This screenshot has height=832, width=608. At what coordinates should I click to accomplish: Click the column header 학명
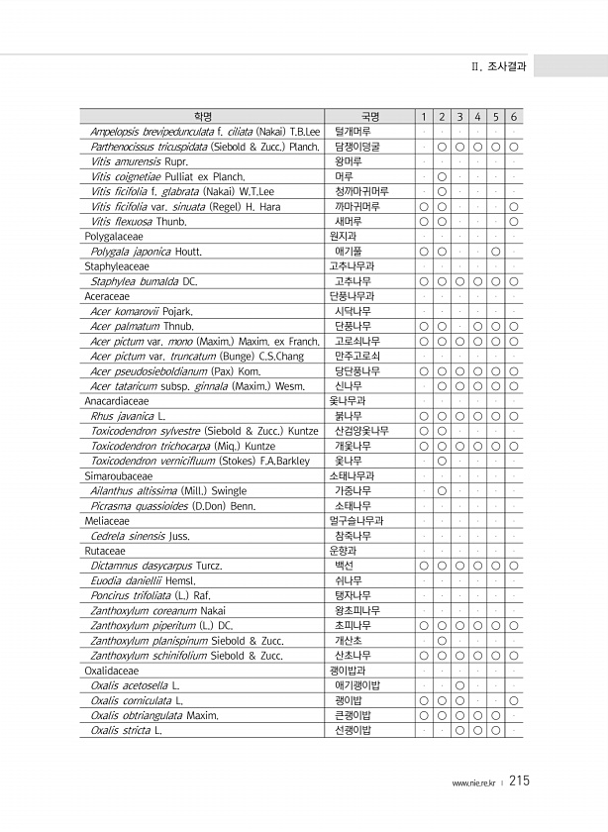tap(203, 117)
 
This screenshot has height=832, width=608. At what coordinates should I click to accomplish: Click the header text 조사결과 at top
tap(506, 67)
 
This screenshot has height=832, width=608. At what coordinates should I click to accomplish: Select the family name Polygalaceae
tap(114, 237)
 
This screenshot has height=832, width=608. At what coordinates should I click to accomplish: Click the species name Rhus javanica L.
tap(128, 416)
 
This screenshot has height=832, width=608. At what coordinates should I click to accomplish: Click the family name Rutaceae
tap(105, 551)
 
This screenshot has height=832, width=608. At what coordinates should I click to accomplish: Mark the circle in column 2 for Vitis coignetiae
tap(441, 176)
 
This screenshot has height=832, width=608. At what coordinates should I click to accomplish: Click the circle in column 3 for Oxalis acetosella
tap(459, 684)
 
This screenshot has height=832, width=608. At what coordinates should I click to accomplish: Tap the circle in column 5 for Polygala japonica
tap(495, 252)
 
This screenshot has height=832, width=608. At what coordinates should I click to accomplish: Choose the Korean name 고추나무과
tap(352, 266)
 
